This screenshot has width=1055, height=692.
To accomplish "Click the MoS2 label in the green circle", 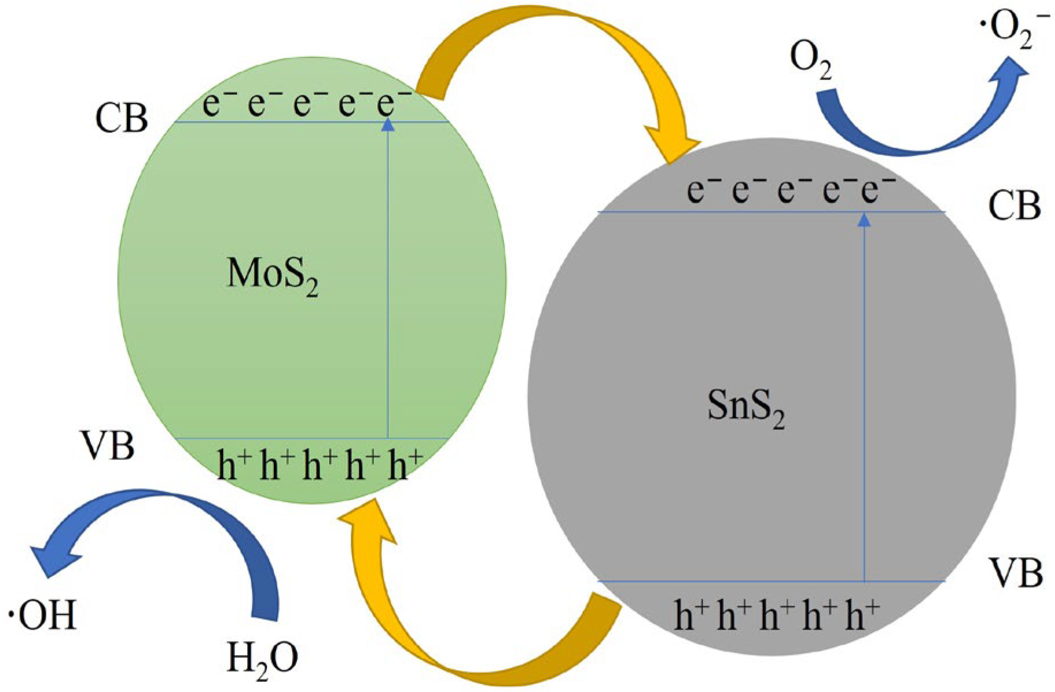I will pyautogui.click(x=273, y=275).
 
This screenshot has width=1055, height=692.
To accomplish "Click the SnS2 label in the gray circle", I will pyautogui.click(x=746, y=408).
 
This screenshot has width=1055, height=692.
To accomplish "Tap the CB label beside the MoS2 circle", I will pyautogui.click(x=121, y=118).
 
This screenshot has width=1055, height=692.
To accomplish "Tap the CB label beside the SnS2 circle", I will pyautogui.click(x=1014, y=206).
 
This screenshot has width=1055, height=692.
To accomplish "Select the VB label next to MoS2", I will pyautogui.click(x=108, y=446).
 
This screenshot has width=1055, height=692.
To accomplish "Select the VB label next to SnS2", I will pyautogui.click(x=1016, y=573).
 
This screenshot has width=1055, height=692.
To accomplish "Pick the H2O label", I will pyautogui.click(x=262, y=658).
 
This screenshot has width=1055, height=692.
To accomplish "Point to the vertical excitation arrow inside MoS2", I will pyautogui.click(x=388, y=276).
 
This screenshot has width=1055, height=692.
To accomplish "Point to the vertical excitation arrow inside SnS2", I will pyautogui.click(x=864, y=397).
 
